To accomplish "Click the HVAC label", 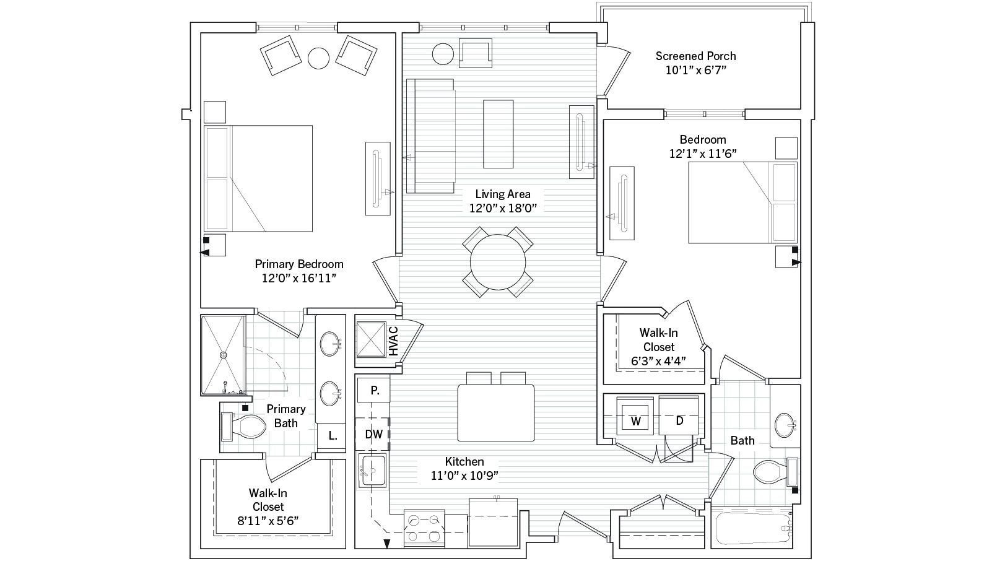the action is pos(393,341).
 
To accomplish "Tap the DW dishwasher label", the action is pos(374,434).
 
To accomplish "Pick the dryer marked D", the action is pos(678,416).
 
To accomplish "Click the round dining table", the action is pos(498,262).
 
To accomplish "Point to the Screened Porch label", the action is pos(695,56).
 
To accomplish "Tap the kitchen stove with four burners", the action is pos(424,529).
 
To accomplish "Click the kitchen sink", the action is pos(372,470).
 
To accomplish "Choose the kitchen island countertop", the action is pos(496,413).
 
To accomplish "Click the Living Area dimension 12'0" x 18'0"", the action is pos(503,208).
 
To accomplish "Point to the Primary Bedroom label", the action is pos(299,264).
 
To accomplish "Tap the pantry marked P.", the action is pos(374,390).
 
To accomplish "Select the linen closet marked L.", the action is pos(332,435).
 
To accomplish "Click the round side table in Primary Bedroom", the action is pos(319,58).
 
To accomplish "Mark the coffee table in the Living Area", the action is pos(498,134).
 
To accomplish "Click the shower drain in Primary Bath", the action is pos(224,355).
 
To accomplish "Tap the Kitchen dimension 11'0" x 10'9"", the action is pos(464,476).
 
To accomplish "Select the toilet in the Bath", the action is pos(776,472).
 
